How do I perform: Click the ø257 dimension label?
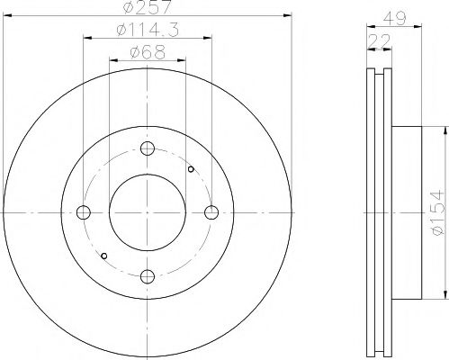[148, 8]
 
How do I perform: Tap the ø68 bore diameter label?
[148, 53]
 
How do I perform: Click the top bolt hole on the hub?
[148, 149]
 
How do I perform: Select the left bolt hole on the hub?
[85, 212]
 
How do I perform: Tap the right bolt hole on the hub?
[211, 212]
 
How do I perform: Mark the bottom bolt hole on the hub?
[148, 275]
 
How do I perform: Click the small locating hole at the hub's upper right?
[191, 168]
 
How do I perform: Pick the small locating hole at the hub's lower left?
[105, 256]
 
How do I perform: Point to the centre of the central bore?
[148, 212]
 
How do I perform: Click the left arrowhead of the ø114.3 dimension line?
[87, 39]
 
